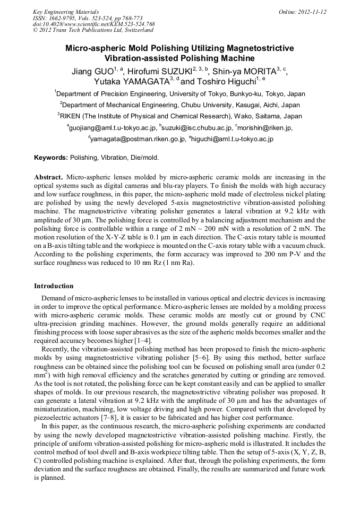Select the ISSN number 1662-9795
pyautogui.click(x=64, y=18)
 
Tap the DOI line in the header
pyautogui.click(x=94, y=24)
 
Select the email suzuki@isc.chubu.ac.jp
pyautogui.click(x=196, y=128)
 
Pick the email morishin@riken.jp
pyautogui.click(x=266, y=128)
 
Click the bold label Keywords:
pyautogui.click(x=51, y=158)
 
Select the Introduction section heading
pyautogui.click(x=54, y=286)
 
